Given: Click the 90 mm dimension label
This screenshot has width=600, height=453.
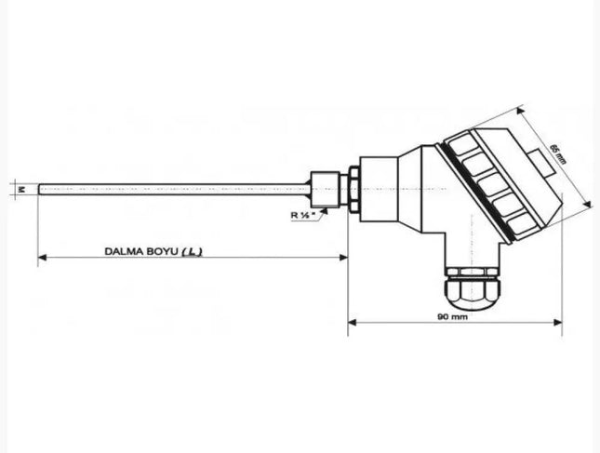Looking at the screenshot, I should [x=452, y=316].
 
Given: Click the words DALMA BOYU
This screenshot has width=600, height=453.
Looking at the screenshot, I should [x=140, y=251].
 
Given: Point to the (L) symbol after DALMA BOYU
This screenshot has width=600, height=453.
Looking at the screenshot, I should [x=192, y=251].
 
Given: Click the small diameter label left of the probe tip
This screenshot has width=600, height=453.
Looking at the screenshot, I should [x=20, y=190].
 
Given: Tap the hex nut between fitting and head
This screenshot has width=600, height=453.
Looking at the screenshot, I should [x=353, y=190].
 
